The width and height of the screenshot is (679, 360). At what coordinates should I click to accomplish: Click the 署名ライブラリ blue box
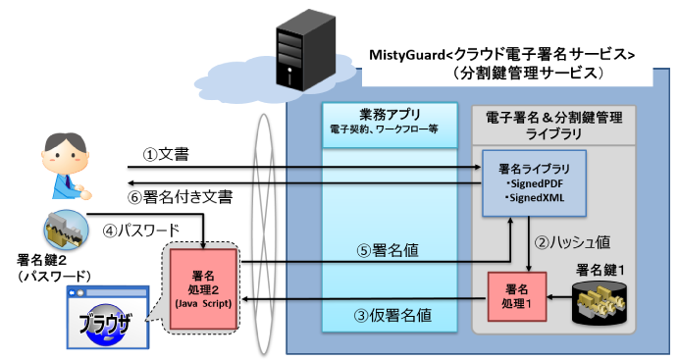[x=533, y=181]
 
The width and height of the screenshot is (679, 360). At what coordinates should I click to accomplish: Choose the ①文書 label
[x=166, y=154]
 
